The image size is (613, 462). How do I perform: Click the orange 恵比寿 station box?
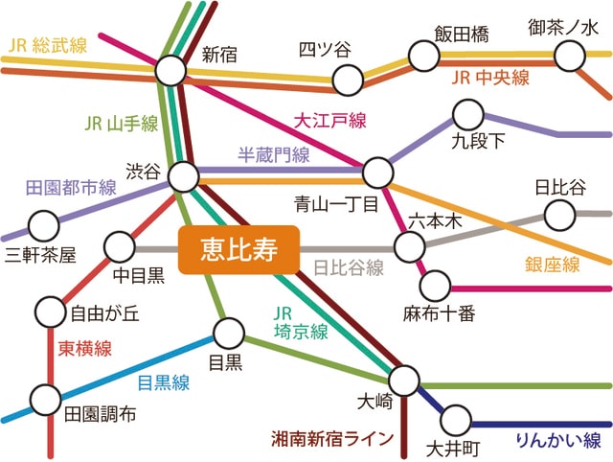239,249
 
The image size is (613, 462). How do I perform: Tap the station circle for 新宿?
170,69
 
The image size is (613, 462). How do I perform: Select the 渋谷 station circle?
183,175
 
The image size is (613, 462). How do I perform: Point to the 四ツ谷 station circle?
347,75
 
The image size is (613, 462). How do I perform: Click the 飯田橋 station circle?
424,56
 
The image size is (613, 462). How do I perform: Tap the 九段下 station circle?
468,116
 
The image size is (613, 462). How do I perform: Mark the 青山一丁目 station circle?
378,173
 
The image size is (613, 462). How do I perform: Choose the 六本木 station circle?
410,246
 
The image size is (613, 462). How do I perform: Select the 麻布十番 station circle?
434,285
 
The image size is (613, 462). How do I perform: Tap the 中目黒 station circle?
120,246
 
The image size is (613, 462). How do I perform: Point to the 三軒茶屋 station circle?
43,225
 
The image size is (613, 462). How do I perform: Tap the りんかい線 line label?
557,441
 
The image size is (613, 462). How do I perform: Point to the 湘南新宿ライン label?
332,440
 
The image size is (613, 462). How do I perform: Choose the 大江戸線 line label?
330,121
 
